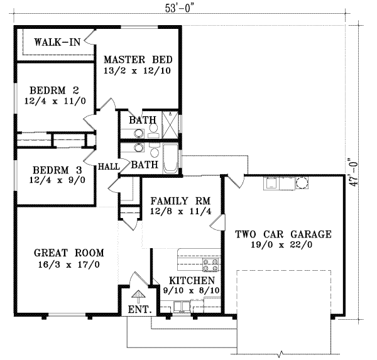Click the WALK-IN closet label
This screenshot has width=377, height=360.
point(57,43)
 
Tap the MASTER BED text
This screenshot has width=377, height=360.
point(138,59)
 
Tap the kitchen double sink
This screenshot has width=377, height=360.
point(183,307)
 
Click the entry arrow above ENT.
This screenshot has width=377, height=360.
point(138,294)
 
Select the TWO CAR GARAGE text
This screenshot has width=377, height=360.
point(283,234)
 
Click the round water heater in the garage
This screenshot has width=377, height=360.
point(302,183)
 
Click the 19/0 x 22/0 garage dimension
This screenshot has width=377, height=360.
point(283,246)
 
